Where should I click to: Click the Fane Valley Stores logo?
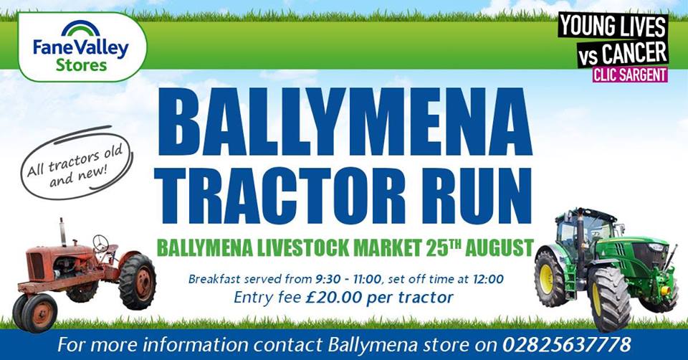click(x=81, y=47)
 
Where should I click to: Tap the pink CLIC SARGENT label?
click(x=630, y=75)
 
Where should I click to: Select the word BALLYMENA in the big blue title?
click(x=345, y=122)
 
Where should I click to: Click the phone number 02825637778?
click(x=566, y=345)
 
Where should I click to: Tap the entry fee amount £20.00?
click(x=334, y=297)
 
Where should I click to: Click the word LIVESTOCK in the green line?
click(x=302, y=248)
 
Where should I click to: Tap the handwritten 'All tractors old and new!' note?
click(x=76, y=163)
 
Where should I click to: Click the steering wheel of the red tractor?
click(x=101, y=243)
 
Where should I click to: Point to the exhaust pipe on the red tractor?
click(x=63, y=232)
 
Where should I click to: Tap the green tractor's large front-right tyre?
click(x=609, y=298)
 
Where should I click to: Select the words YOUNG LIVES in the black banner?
click(x=613, y=26)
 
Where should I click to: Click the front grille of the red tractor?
click(x=37, y=266)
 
